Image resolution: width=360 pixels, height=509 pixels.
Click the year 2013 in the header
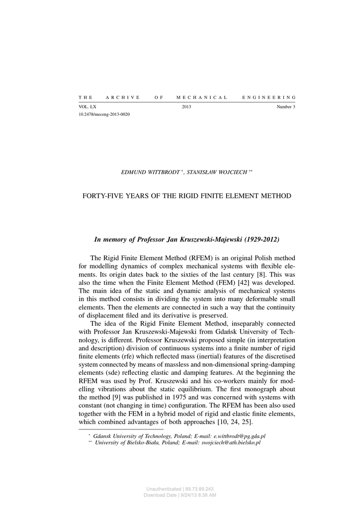pos(186,107)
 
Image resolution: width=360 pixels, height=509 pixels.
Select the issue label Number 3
pos(286,107)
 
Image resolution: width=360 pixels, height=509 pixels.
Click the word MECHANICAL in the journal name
pos(202,97)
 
